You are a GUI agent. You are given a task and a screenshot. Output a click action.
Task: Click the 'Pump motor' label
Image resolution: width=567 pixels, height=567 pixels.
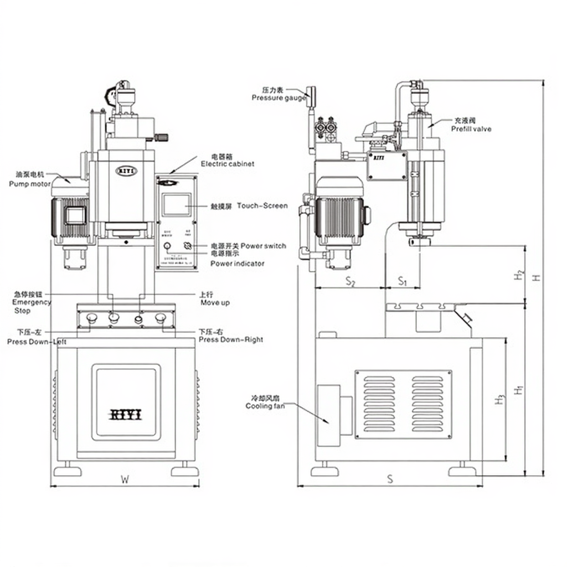pyautogui.click(x=29, y=183)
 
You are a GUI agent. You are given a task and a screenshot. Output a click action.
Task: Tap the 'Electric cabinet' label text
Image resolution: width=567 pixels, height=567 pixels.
pyautogui.click(x=227, y=164)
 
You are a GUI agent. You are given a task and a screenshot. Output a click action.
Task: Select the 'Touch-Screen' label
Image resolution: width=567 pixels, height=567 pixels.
pyautogui.click(x=262, y=206)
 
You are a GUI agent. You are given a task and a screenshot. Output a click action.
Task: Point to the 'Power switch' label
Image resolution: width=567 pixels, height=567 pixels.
pyautogui.click(x=264, y=246)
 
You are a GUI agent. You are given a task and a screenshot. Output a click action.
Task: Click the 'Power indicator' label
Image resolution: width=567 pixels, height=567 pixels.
pyautogui.click(x=237, y=264)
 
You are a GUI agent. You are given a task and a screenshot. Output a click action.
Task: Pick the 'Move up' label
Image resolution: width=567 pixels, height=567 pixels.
pyautogui.click(x=215, y=303)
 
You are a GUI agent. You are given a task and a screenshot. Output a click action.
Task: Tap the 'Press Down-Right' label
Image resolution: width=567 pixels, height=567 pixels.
pyautogui.click(x=230, y=339)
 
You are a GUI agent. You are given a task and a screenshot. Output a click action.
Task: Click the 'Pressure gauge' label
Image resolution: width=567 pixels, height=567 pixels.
pyautogui.click(x=279, y=97)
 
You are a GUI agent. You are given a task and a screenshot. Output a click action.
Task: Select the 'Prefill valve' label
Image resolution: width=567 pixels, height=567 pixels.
pyautogui.click(x=471, y=129)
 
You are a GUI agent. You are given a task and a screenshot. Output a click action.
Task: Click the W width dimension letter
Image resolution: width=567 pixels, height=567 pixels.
pyautogui.click(x=125, y=480)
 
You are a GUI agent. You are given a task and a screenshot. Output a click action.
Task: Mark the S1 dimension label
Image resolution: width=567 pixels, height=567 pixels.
pyautogui.click(x=403, y=282)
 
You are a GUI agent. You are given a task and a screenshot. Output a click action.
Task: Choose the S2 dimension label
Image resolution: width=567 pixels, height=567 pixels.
pyautogui.click(x=350, y=282)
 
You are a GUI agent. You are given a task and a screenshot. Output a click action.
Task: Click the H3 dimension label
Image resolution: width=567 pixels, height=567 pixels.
pyautogui.click(x=500, y=399)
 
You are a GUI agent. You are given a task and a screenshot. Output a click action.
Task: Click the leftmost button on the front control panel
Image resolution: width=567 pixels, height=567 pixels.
pyautogui.click(x=91, y=318)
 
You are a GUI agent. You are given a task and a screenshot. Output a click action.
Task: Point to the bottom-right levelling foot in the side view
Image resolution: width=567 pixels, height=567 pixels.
pyautogui.click(x=462, y=471)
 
